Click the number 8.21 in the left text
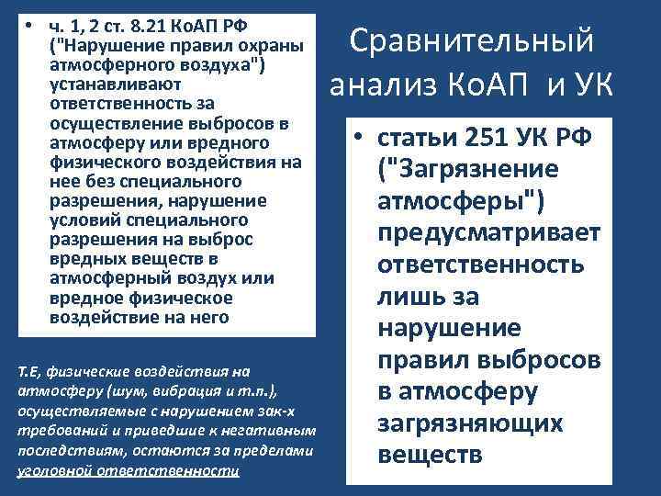pyautogui.click(x=143, y=23)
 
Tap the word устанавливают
pyautogui.click(x=102, y=83)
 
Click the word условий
pyautogui.click(x=83, y=220)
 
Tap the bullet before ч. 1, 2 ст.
pyautogui.click(x=30, y=23)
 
